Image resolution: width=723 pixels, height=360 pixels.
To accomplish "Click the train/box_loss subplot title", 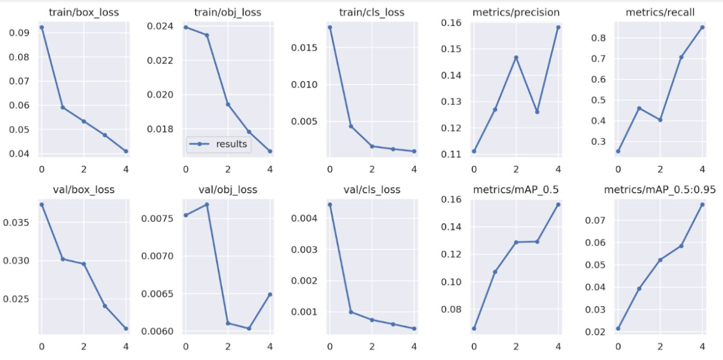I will (84, 12).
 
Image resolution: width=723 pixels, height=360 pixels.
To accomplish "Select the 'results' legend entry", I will (218, 145).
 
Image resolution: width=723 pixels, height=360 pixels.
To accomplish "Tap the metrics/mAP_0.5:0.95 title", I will (660, 189).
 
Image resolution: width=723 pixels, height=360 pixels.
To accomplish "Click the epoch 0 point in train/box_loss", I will (41, 27).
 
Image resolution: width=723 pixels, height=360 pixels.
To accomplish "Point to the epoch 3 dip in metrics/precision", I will (537, 111).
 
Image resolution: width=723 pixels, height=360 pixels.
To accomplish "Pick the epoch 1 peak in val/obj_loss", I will (207, 204).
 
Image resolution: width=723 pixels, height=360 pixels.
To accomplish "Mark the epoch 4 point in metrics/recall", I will (702, 27).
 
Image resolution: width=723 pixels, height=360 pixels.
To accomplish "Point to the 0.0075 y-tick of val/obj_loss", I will (159, 219).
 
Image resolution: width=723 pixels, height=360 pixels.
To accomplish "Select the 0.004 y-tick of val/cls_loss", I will (305, 218).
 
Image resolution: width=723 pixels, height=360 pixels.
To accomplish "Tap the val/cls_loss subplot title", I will (372, 189).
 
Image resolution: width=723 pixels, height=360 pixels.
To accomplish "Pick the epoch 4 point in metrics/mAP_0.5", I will (558, 204).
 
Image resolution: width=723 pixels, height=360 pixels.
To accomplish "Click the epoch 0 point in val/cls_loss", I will (330, 204).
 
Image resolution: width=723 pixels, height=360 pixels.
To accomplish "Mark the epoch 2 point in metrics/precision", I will (516, 57).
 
